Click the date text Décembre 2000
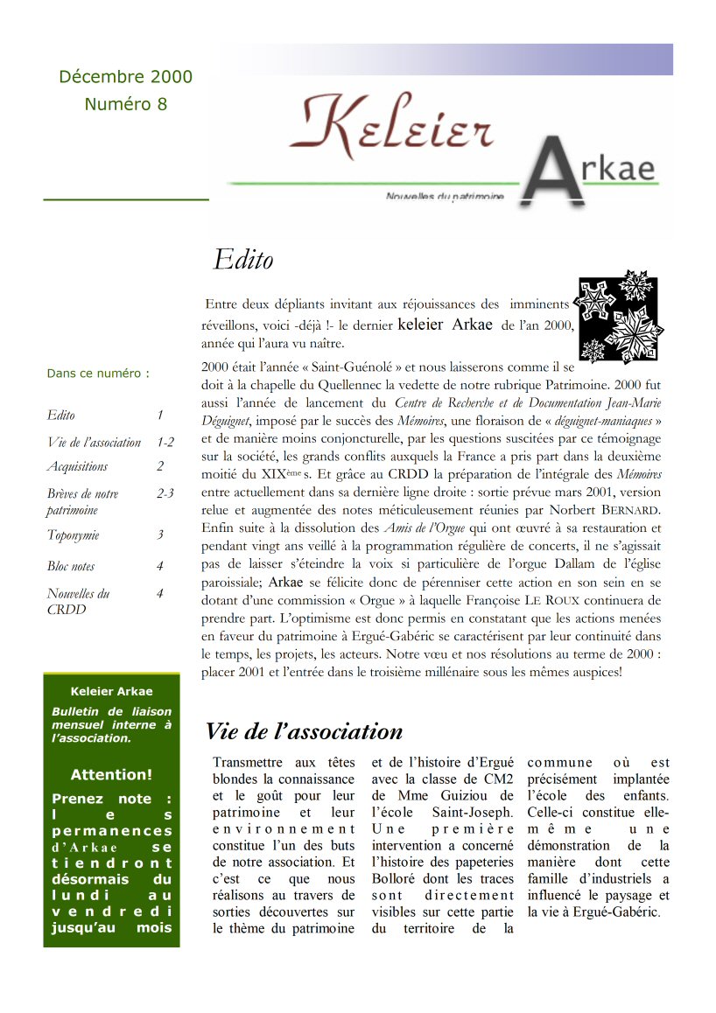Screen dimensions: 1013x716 [x=125, y=77]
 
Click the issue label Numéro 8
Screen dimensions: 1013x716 [x=125, y=104]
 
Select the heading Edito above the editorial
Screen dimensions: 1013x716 [x=242, y=260]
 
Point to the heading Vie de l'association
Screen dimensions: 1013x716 [x=304, y=731]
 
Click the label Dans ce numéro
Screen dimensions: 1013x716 [x=98, y=374]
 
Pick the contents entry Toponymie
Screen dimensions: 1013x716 [x=73, y=534]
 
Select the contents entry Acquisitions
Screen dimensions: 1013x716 [x=78, y=466]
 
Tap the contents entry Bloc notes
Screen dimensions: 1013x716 [x=71, y=566]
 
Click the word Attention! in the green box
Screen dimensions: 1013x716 [x=111, y=774]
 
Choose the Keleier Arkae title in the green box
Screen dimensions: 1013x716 [x=111, y=692]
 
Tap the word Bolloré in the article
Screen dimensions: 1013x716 [x=396, y=879]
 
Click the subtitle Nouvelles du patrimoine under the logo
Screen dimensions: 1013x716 [x=445, y=198]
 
